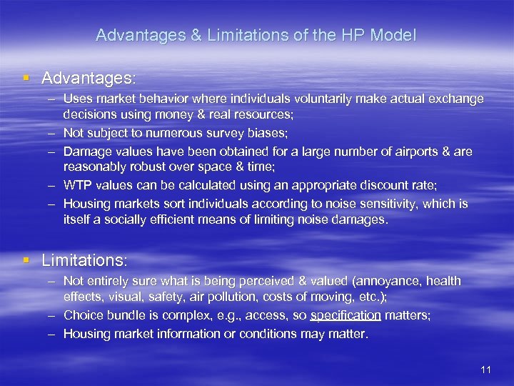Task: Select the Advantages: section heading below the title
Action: pyautogui.click(x=89, y=76)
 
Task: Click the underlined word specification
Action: pyautogui.click(x=346, y=315)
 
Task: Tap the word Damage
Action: pyautogui.click(x=84, y=151)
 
